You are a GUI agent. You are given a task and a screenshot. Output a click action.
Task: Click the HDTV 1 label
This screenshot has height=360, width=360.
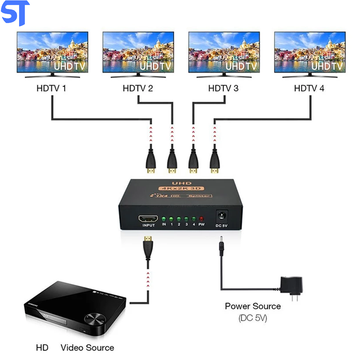51,88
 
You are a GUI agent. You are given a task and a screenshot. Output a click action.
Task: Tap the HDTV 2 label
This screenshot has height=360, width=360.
138,88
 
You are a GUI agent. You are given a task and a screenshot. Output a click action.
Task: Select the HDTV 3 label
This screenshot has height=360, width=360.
223,88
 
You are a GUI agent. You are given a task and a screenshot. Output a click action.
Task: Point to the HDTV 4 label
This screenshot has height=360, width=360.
309,88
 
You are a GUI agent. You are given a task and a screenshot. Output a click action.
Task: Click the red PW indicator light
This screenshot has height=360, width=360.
201,219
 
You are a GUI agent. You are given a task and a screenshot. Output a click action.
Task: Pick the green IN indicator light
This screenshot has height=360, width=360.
164,219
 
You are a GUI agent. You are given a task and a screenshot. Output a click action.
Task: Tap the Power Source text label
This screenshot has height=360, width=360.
253,306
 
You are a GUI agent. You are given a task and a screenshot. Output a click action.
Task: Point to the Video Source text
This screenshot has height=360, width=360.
87,348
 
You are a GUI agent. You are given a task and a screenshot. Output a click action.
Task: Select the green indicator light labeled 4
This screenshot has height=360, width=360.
194,219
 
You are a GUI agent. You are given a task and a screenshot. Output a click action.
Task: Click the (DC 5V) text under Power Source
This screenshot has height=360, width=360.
253,318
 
